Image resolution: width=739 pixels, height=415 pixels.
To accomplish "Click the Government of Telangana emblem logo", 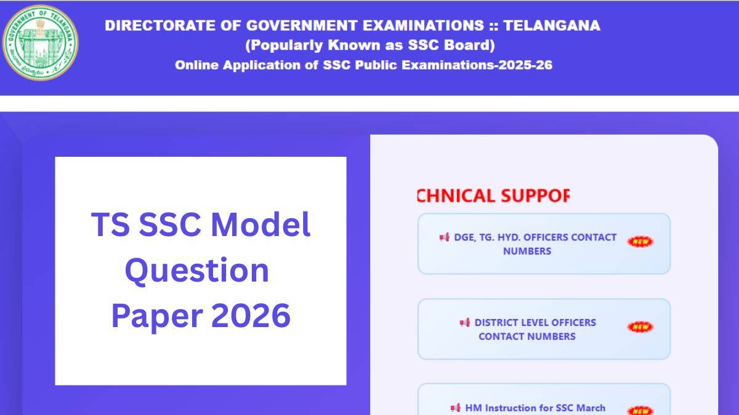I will [41, 43].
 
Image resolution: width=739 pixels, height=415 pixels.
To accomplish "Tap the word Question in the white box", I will [197, 270].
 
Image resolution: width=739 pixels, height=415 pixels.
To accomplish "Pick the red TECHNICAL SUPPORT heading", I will [493, 196].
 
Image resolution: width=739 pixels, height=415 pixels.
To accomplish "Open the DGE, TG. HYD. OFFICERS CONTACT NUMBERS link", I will [535, 244].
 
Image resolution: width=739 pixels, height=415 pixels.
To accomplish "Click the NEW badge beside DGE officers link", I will [640, 242].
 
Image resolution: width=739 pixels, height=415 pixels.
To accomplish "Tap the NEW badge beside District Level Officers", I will [640, 327].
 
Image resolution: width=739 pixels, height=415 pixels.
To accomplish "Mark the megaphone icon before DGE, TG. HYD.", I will [444, 237].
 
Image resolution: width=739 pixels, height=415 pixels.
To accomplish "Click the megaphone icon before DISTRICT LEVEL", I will [464, 323].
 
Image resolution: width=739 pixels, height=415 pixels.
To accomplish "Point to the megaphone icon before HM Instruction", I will [455, 408].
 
